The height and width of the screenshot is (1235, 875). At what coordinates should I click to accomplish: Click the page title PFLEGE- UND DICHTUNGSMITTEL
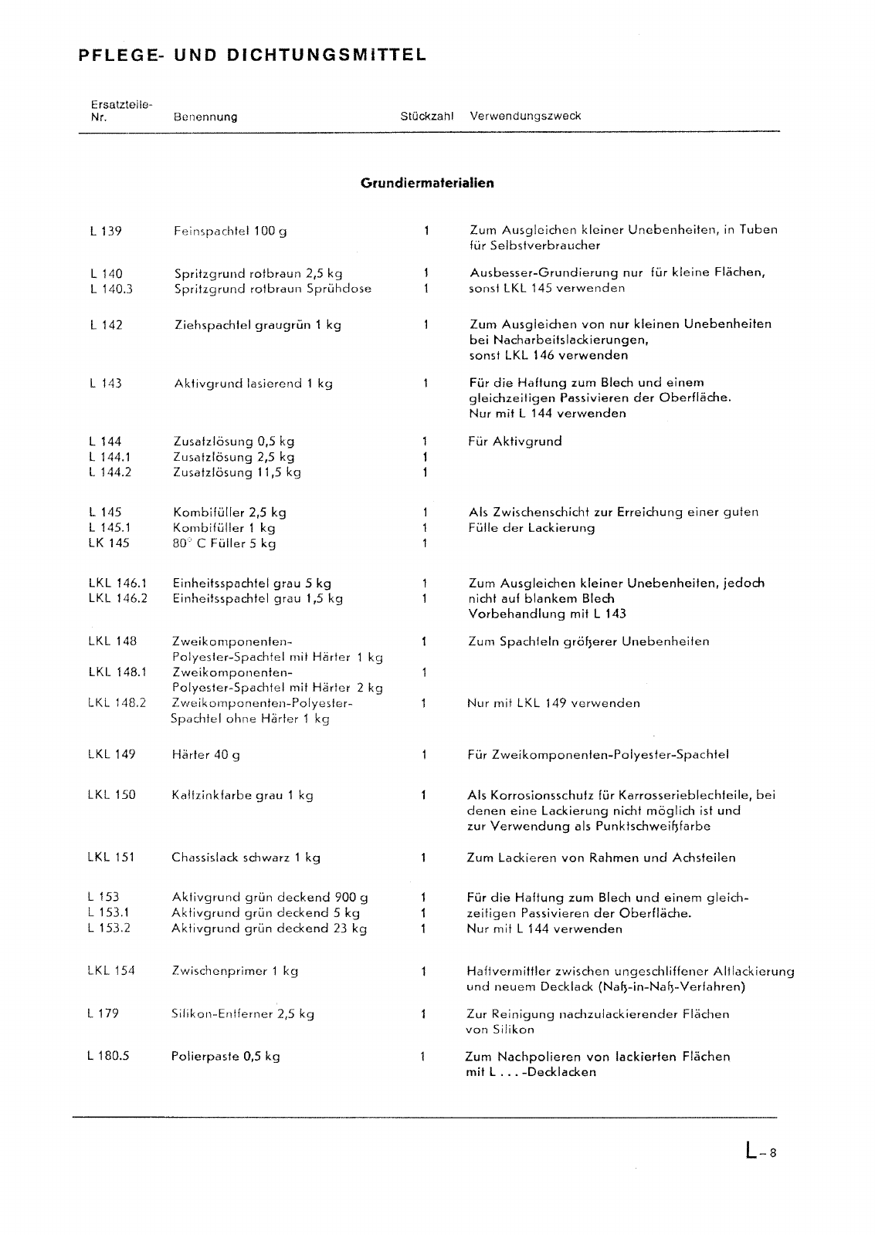252,56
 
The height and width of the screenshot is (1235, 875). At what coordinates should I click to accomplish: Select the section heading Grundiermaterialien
427,183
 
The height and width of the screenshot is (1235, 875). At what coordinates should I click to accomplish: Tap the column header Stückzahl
426,117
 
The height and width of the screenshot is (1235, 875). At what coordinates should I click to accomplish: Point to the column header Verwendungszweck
525,117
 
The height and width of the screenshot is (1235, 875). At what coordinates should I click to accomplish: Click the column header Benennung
205,117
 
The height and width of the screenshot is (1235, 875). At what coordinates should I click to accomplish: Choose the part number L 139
106,231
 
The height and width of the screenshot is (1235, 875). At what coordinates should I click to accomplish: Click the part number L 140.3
111,289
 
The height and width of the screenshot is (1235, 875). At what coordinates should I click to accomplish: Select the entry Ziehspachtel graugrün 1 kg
258,325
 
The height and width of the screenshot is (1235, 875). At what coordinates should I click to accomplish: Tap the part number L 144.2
110,472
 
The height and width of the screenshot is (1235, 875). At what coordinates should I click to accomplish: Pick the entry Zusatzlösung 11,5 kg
237,472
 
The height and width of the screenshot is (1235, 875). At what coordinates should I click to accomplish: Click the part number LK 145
109,543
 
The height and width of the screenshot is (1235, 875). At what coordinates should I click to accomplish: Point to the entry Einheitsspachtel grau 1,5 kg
258,598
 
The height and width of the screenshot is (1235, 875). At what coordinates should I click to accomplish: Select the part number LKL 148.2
117,702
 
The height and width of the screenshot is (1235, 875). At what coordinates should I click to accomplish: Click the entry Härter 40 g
205,754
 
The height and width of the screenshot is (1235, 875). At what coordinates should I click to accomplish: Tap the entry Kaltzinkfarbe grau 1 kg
242,795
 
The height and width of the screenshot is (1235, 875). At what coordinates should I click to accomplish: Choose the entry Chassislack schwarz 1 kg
246,858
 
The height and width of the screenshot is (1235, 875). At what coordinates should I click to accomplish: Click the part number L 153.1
109,912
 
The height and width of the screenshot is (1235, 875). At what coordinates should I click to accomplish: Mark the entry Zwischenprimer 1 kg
235,971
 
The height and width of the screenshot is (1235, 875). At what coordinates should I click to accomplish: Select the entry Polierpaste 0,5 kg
226,1056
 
